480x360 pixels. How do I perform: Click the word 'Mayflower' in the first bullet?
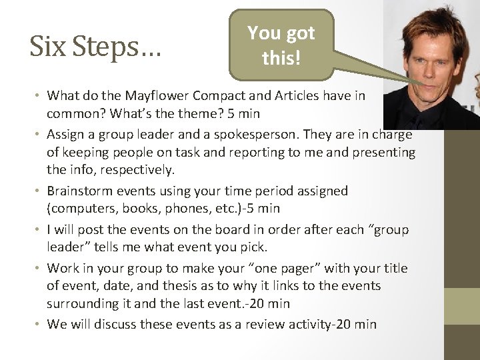tap(148, 96)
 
